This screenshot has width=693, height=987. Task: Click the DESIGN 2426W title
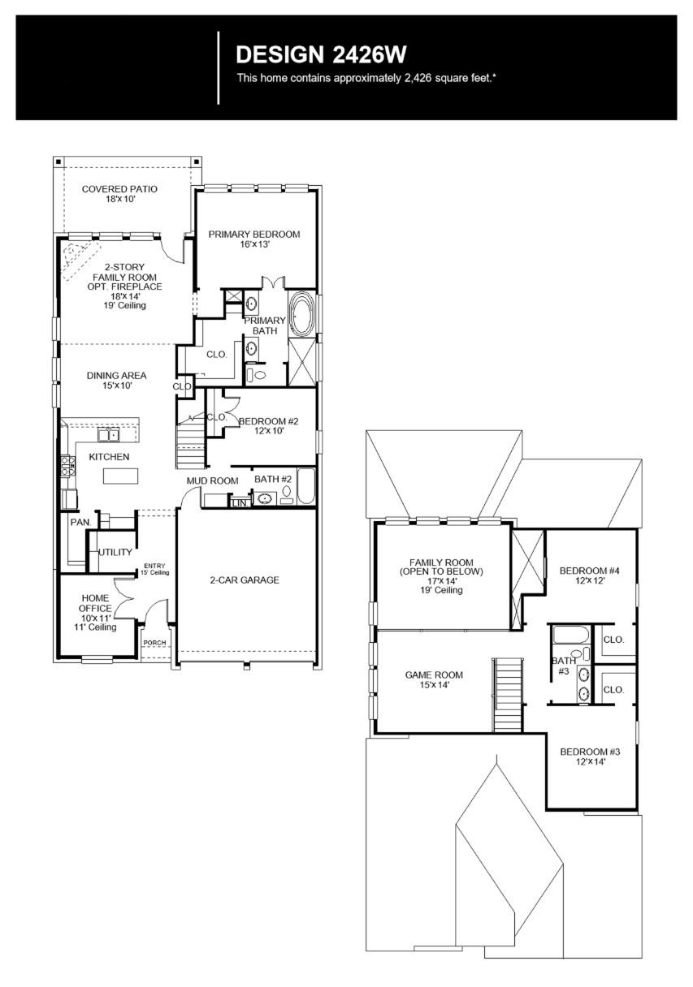click(x=320, y=55)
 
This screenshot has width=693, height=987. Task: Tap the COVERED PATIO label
click(x=119, y=194)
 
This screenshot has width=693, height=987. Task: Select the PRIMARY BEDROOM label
click(x=253, y=239)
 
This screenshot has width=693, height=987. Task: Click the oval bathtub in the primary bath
click(x=303, y=315)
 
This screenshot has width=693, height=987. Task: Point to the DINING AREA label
click(x=117, y=380)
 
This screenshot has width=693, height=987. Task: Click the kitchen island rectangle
click(x=115, y=476)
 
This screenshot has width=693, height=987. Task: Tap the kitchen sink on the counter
click(x=109, y=435)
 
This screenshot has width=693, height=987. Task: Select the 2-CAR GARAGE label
click(x=245, y=580)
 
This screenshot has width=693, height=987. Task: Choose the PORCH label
click(x=154, y=643)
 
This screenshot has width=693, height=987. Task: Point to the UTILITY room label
click(x=115, y=552)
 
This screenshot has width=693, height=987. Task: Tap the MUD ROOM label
click(x=212, y=481)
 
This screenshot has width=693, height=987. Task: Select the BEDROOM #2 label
click(x=268, y=425)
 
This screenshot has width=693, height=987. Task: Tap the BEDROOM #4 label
click(x=590, y=576)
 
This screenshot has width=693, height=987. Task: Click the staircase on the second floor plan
click(x=507, y=695)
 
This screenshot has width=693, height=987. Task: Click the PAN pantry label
click(x=79, y=522)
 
